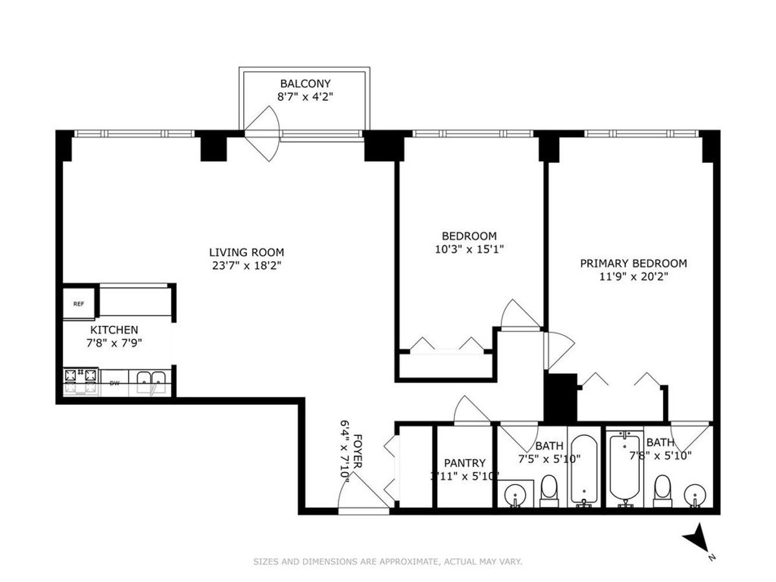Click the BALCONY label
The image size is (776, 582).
[x=305, y=83]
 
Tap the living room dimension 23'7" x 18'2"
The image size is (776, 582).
[x=246, y=265]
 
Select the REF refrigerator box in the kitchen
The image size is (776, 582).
[x=78, y=303]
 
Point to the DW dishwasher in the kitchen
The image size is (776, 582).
[x=114, y=383]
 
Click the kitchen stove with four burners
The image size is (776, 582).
[x=81, y=381]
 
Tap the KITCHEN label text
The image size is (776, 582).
[x=114, y=330]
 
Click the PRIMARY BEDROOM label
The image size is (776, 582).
[x=633, y=263]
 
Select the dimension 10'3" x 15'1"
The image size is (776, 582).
[x=469, y=249]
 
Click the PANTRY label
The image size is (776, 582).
[x=464, y=463]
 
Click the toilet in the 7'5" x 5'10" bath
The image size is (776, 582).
[x=549, y=492]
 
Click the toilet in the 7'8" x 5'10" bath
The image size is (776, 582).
[x=662, y=493]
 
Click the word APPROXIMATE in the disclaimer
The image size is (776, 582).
[x=404, y=562]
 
